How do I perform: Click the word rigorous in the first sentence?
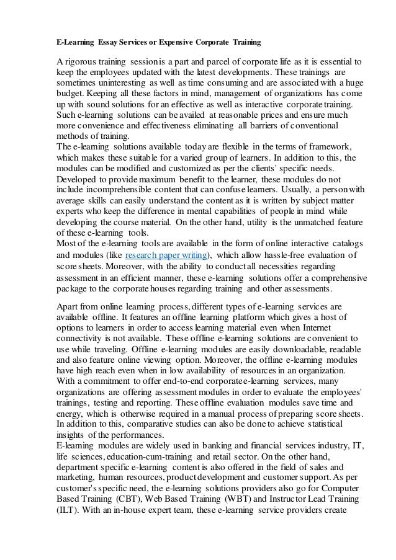coord(84,62)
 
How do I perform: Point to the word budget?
coord(72,96)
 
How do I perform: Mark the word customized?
coord(176,169)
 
